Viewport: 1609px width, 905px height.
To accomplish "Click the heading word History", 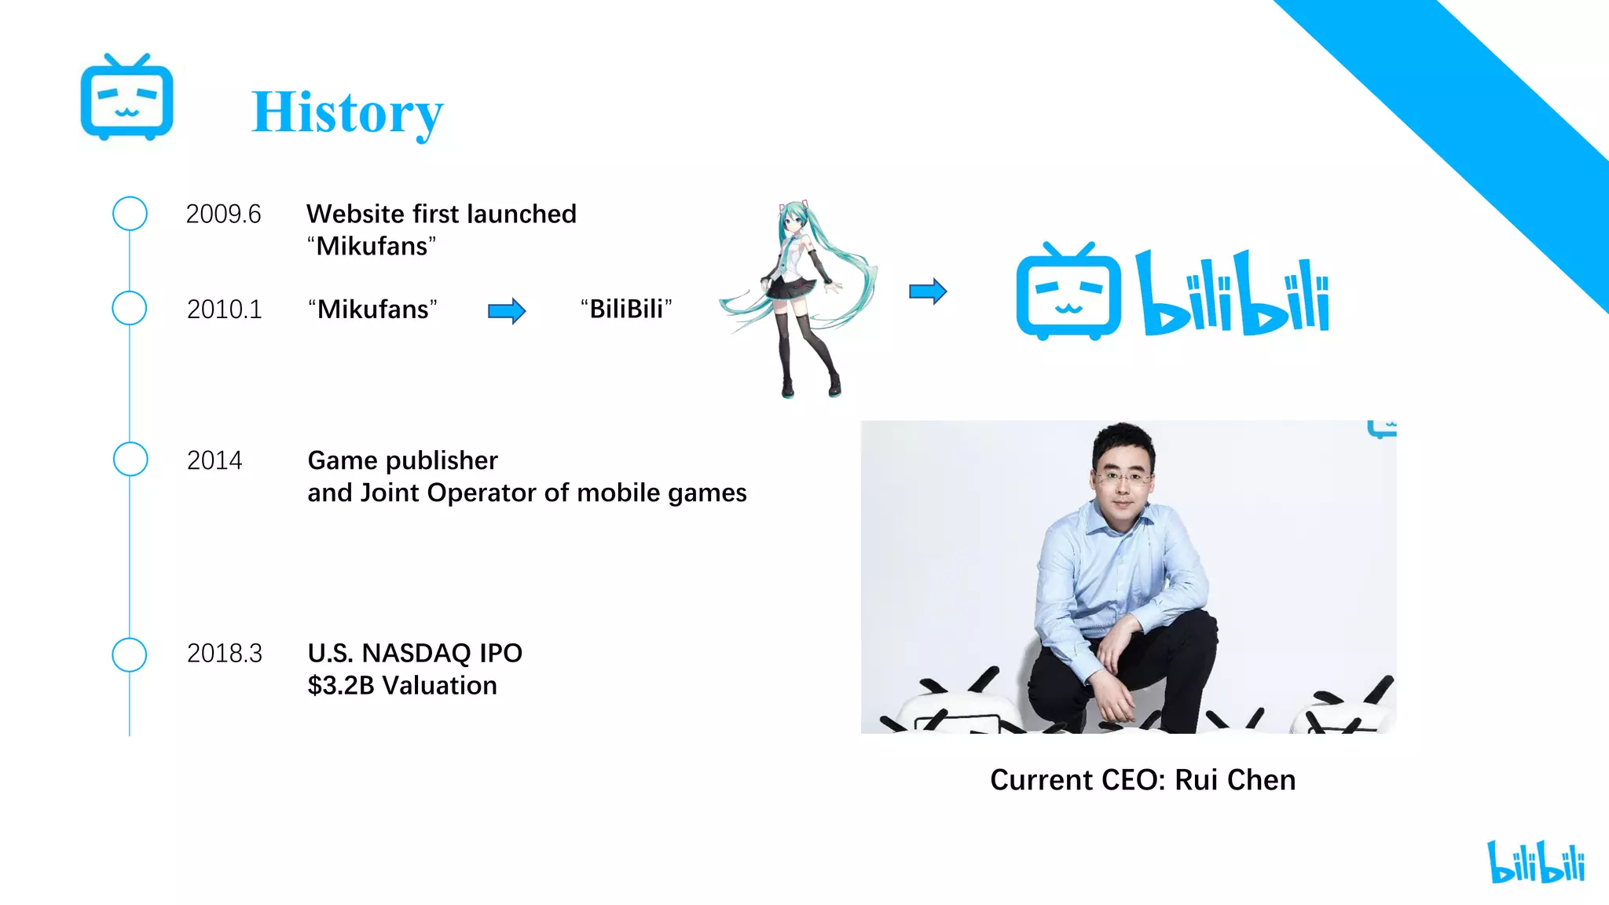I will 347,113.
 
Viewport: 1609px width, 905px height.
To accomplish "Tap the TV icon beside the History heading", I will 126,98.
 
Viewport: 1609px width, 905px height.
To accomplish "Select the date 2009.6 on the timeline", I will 223,214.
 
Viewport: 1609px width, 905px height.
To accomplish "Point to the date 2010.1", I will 224,310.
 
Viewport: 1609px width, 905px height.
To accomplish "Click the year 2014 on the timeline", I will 214,460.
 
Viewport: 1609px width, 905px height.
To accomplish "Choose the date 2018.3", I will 225,654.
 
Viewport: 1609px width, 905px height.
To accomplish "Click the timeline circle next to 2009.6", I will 130,214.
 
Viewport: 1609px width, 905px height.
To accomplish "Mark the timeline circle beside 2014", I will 130,460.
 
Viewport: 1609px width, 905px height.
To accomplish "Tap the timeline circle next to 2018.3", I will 130,654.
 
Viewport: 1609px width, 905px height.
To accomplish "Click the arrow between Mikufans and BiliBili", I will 507,311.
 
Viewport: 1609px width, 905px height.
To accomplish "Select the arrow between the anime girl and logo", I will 928,291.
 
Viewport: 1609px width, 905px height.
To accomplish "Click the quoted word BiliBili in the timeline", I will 626,310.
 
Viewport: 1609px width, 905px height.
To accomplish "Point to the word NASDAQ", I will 416,654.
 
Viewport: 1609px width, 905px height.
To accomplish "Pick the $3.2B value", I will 341,686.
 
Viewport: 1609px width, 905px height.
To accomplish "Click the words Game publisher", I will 402,460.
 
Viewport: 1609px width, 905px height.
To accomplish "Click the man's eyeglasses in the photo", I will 1123,476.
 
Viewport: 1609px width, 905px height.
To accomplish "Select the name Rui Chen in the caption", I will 1235,780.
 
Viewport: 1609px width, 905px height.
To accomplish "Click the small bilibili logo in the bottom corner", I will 1536,862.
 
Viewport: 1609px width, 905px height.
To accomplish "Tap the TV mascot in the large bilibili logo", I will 1068,291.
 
